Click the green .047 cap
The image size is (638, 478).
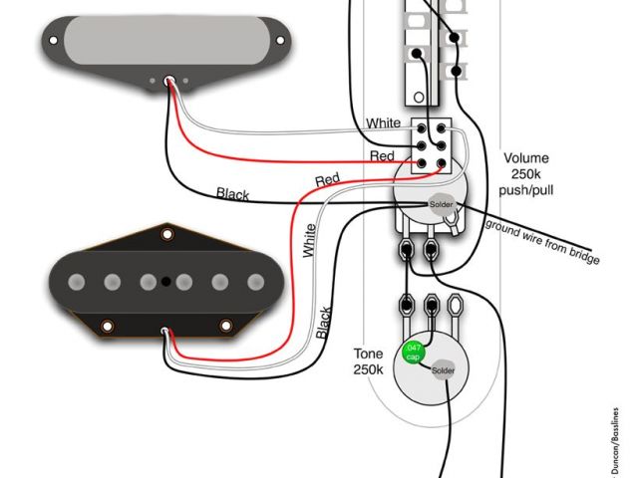click(411, 352)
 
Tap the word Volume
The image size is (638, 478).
click(526, 158)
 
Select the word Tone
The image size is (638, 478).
click(369, 354)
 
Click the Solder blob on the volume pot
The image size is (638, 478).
click(441, 205)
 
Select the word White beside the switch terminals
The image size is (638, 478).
click(384, 122)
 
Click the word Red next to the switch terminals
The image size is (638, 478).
click(382, 157)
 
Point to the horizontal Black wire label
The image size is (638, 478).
click(233, 193)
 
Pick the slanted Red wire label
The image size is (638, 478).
click(327, 180)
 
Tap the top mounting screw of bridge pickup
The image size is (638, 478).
click(168, 235)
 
